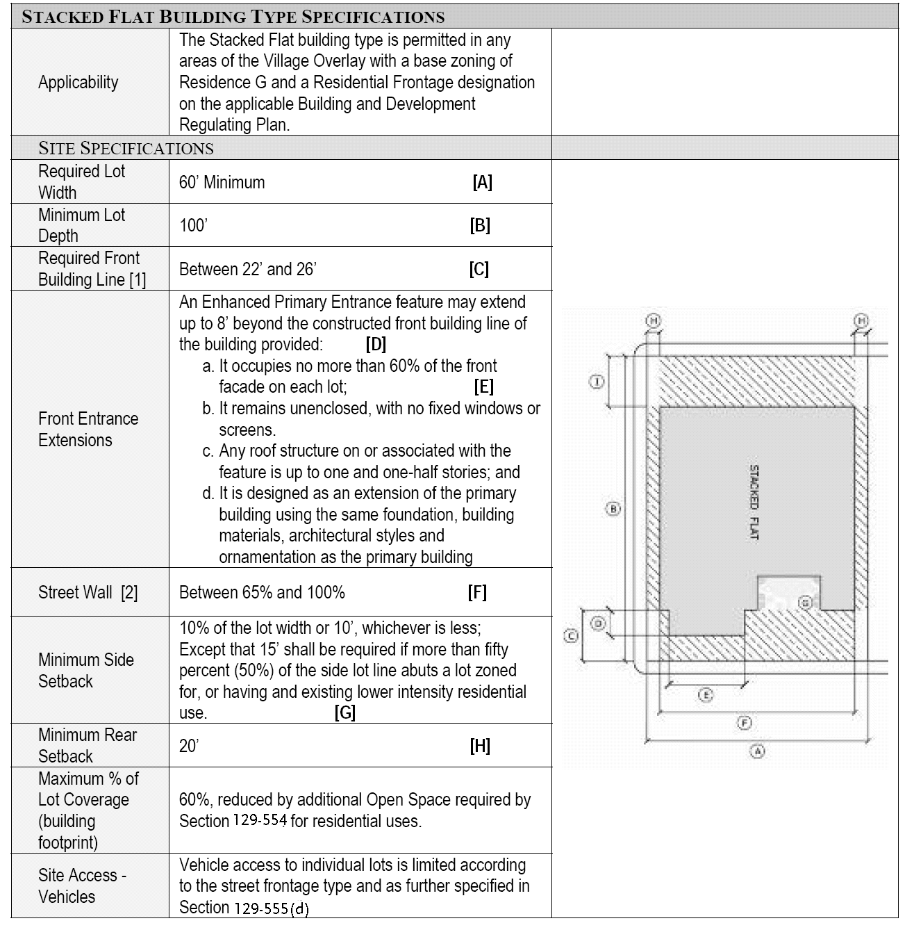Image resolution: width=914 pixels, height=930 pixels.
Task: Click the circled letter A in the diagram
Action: [758, 751]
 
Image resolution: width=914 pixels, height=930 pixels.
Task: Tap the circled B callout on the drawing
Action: [613, 509]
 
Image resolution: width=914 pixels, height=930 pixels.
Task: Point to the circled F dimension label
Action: [745, 724]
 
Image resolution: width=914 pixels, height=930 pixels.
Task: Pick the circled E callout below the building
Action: [705, 695]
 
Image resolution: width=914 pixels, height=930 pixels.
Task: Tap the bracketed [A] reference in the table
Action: [482, 183]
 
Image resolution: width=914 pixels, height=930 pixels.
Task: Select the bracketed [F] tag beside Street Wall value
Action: [477, 592]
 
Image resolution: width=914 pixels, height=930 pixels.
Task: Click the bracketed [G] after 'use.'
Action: [344, 713]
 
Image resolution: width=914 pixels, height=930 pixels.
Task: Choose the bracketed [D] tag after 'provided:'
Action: [376, 344]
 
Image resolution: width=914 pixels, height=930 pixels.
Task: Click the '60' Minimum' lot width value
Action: [222, 183]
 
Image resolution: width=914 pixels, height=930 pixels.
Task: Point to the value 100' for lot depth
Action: [193, 226]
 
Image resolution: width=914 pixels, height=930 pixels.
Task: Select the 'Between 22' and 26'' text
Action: [247, 269]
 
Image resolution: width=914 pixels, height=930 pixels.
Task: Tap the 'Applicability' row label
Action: [78, 83]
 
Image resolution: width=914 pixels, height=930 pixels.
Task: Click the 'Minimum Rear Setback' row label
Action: [88, 745]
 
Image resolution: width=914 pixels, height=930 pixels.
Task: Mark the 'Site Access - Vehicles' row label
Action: [82, 886]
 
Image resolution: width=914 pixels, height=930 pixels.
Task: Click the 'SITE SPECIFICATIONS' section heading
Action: [126, 148]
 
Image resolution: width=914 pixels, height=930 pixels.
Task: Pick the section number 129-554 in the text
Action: [260, 820]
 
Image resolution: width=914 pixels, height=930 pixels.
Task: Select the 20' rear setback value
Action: [189, 746]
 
